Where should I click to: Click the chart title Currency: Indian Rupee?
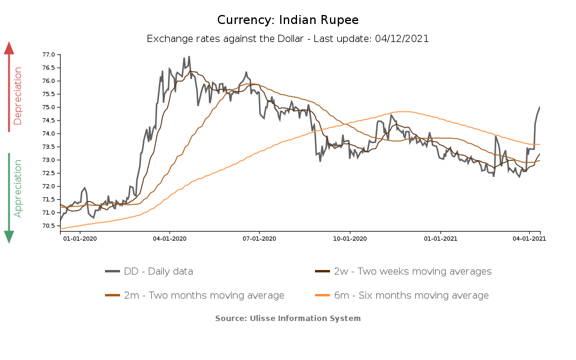point(288,20)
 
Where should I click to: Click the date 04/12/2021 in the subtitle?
point(401,38)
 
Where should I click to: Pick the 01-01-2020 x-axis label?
point(80,238)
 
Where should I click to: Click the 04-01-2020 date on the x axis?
point(170,238)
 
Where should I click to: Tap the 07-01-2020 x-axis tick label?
point(259,238)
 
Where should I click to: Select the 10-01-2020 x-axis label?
point(350,238)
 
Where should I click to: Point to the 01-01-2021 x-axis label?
point(440,238)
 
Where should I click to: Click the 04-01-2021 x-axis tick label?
point(529,238)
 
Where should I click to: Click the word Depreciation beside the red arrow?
point(17,96)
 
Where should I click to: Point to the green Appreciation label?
point(17,188)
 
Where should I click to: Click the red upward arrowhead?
point(9,48)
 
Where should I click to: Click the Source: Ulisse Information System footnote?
point(288,318)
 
